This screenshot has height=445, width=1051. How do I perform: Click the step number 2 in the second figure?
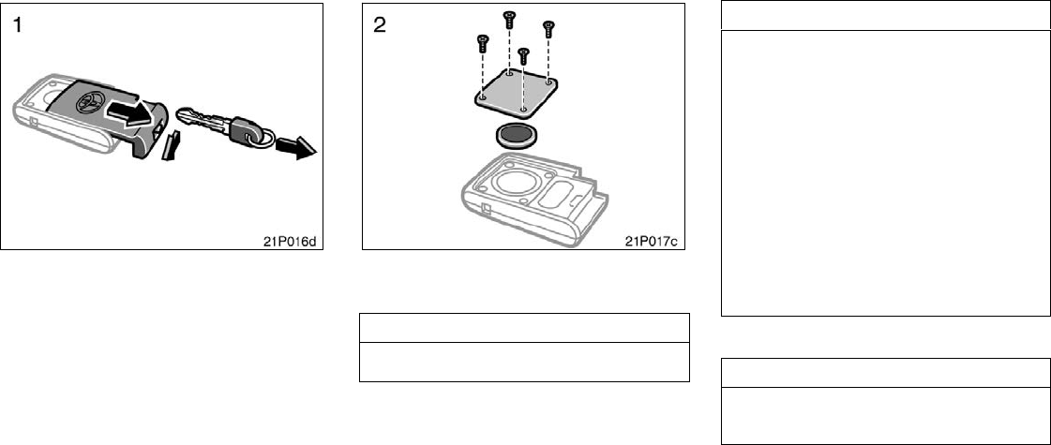[379, 25]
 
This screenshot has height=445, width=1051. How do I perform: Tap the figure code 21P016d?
[291, 239]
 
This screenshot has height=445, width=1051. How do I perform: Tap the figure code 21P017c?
[652, 239]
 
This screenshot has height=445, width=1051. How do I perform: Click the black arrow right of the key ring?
[301, 147]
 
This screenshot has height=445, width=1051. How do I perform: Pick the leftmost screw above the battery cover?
[482, 41]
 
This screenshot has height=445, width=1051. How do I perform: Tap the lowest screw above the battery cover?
[524, 53]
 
